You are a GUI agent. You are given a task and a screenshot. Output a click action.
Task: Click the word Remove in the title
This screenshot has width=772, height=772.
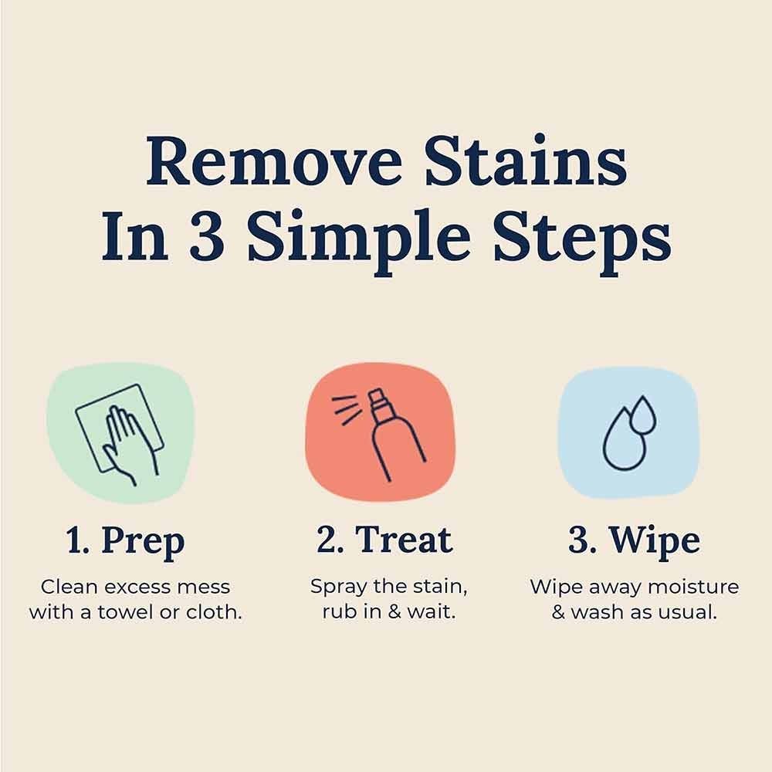274,161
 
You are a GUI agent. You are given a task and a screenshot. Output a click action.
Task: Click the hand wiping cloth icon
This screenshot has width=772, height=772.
119,433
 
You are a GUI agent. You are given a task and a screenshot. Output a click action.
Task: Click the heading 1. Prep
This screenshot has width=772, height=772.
125,540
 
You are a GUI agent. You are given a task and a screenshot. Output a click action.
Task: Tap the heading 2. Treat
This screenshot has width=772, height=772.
384,539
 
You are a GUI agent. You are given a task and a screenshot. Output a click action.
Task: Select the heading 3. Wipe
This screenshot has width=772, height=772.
634,540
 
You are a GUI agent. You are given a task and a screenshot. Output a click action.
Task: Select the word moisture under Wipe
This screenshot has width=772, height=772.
692,587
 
